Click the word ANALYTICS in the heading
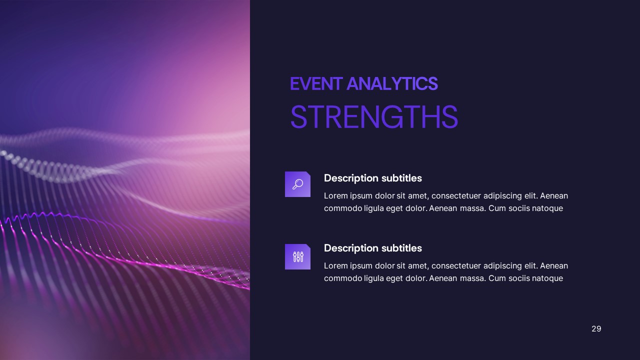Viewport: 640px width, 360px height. pos(392,84)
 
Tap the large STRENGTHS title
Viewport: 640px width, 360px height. pos(373,117)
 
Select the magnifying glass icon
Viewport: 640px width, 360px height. pos(297,184)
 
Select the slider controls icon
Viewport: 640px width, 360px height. pos(297,257)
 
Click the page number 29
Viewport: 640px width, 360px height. pos(596,328)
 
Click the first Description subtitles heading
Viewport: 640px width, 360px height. pos(372,178)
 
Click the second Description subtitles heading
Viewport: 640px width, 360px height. pos(372,248)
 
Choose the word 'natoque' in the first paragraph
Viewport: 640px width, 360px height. pos(547,208)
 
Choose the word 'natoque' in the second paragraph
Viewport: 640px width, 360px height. pos(547,278)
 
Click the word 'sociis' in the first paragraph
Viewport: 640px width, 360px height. pos(519,208)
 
